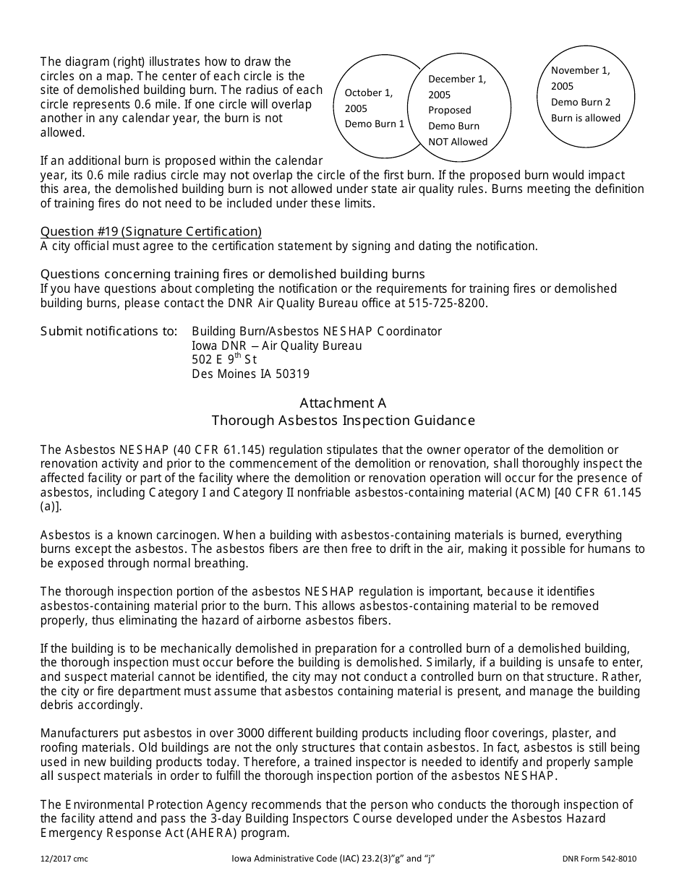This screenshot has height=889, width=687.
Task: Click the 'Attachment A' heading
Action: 343,403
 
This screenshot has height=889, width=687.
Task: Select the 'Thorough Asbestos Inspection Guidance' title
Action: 343,421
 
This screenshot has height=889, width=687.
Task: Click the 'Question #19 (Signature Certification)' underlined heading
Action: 150,231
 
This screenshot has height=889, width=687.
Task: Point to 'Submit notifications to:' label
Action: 108,331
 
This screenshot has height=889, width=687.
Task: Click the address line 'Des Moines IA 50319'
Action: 250,374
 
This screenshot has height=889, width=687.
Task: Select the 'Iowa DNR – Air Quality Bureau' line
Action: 276,345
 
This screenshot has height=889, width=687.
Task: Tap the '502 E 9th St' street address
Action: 224,359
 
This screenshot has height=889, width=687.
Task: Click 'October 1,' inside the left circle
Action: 368,93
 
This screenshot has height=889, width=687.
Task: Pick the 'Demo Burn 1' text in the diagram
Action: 374,124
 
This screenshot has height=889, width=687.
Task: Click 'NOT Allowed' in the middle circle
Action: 458,142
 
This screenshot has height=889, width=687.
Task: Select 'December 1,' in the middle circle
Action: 457,79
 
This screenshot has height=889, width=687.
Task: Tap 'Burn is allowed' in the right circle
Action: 586,118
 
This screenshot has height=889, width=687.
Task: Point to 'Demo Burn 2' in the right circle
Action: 581,102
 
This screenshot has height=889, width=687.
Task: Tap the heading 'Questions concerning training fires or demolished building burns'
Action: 232,274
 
